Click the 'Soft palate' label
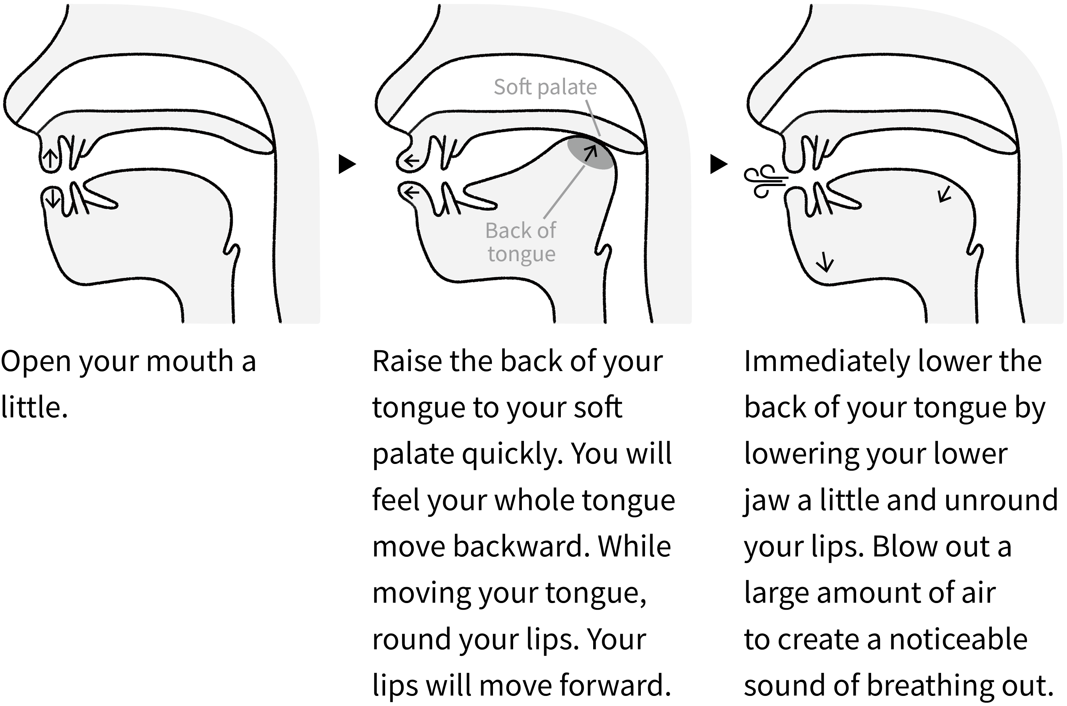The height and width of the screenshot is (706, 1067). [545, 87]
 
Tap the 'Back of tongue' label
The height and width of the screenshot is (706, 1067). [521, 242]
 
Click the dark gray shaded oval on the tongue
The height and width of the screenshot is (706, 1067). [590, 153]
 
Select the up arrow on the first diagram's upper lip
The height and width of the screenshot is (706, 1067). [50, 159]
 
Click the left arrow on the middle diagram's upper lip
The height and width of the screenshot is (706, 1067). [411, 160]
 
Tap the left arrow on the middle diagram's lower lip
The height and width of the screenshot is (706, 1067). [411, 193]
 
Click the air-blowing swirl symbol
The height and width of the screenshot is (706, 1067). [764, 182]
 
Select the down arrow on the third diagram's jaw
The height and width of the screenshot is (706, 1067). [825, 262]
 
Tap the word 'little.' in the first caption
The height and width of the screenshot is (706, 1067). [34, 408]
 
